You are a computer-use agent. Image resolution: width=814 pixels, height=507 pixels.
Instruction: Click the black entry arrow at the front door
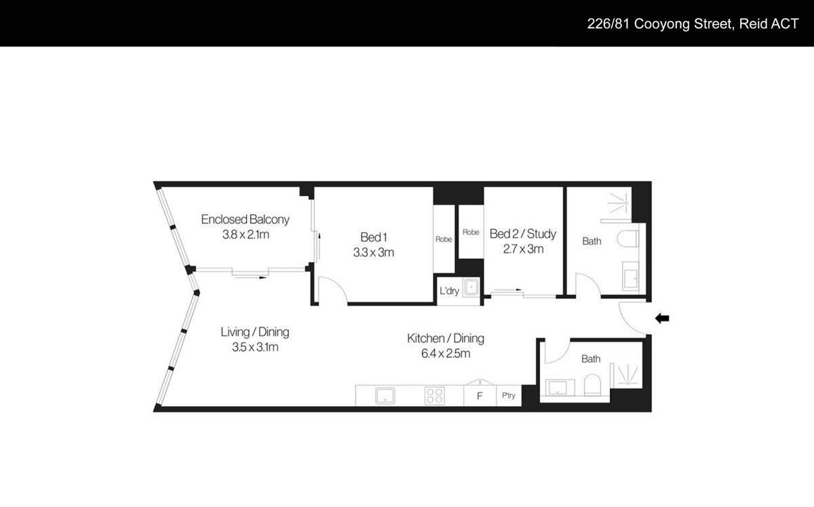point(662,319)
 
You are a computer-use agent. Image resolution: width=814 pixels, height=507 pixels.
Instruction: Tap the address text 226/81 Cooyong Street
point(659,24)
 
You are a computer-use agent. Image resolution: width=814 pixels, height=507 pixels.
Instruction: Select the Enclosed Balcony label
point(246,220)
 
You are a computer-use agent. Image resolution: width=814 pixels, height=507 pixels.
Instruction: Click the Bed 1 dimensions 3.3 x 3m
point(374,252)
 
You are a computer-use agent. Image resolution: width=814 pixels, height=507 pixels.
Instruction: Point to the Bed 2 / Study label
point(523,234)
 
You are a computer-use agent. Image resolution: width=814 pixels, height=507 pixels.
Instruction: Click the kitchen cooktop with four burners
point(435,396)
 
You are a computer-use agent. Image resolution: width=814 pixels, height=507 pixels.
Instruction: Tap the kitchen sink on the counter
point(385,396)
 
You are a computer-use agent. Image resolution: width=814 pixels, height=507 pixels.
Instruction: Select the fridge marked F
point(480,396)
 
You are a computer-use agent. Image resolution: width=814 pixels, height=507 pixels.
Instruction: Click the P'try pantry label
point(509,396)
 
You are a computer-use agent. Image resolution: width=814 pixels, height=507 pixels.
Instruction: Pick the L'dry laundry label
point(450,291)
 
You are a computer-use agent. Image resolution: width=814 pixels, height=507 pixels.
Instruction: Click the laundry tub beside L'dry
point(471,288)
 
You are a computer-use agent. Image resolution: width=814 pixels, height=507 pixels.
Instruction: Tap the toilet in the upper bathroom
point(628,239)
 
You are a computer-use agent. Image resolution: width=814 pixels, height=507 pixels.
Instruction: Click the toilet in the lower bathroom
point(592,385)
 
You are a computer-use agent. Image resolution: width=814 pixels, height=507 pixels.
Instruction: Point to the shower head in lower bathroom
point(628,383)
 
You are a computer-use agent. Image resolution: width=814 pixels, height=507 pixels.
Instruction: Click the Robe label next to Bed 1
point(444,239)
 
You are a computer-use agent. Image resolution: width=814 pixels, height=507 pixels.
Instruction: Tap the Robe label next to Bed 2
point(471,232)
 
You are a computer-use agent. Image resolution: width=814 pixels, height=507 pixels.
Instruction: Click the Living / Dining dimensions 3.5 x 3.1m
point(255,347)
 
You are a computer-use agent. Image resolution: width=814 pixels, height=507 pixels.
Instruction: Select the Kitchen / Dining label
point(446,338)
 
